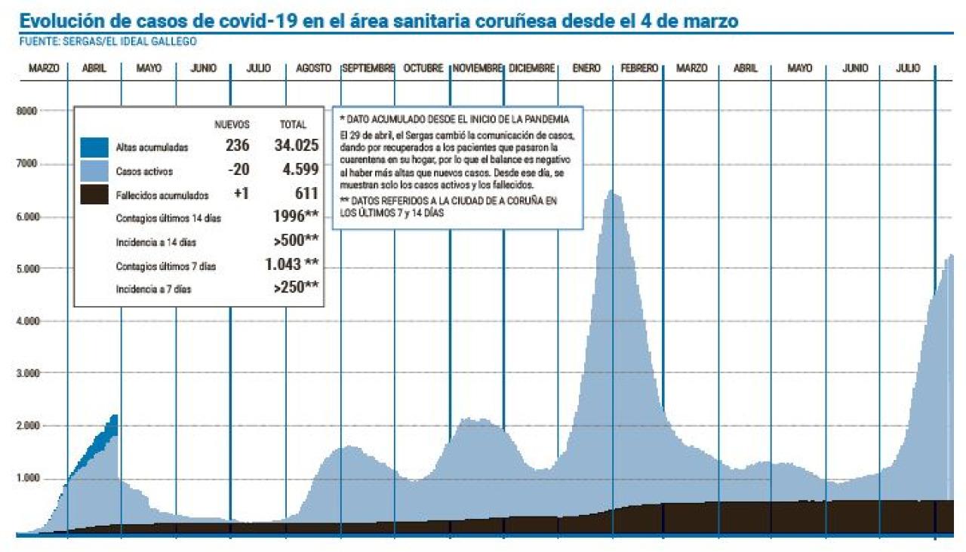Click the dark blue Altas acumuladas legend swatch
click(94, 147)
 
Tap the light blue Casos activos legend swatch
click(94, 171)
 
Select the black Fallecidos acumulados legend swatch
click(94, 195)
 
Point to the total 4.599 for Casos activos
click(300, 170)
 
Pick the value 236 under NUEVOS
click(237, 146)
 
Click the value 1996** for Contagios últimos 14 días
click(295, 218)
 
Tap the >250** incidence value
click(296, 287)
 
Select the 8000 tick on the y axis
click(26, 111)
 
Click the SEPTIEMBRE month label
click(368, 69)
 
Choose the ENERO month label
click(586, 69)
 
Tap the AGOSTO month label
click(313, 69)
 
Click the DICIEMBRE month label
click(532, 69)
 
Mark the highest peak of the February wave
click(614, 194)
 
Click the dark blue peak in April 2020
click(114, 417)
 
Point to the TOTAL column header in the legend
click(294, 124)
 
